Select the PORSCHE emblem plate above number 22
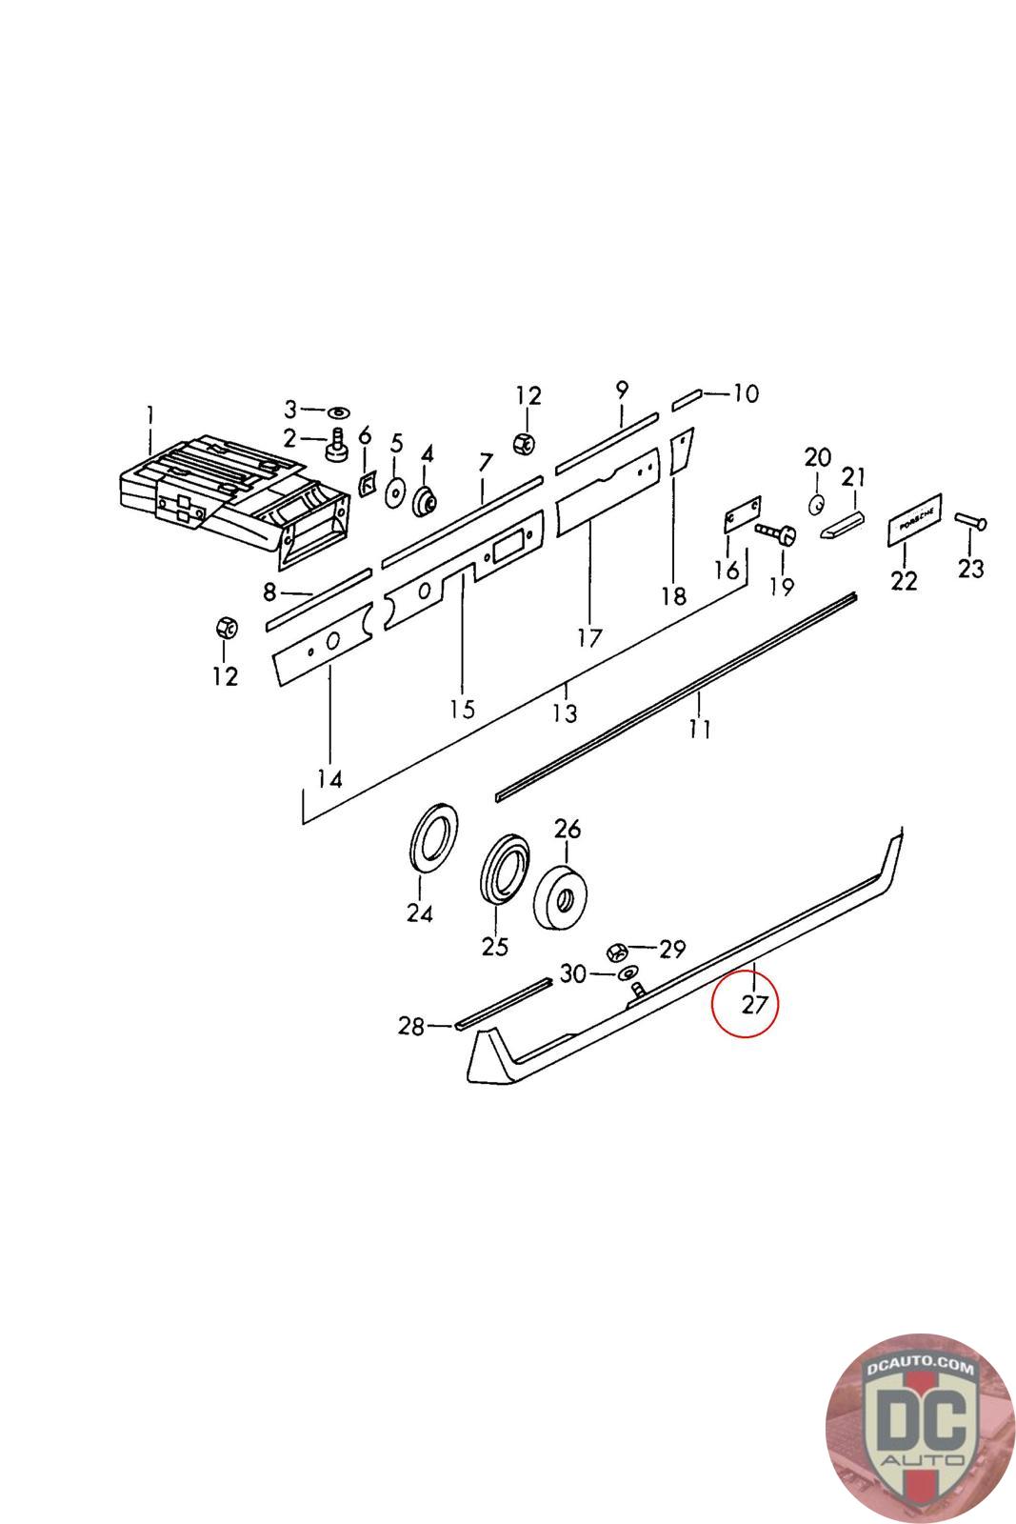914,519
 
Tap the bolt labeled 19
776,534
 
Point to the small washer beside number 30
627,973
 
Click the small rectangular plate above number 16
742,514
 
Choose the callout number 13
565,712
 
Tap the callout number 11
700,730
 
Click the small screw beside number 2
336,443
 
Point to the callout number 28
410,1027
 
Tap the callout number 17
589,637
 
